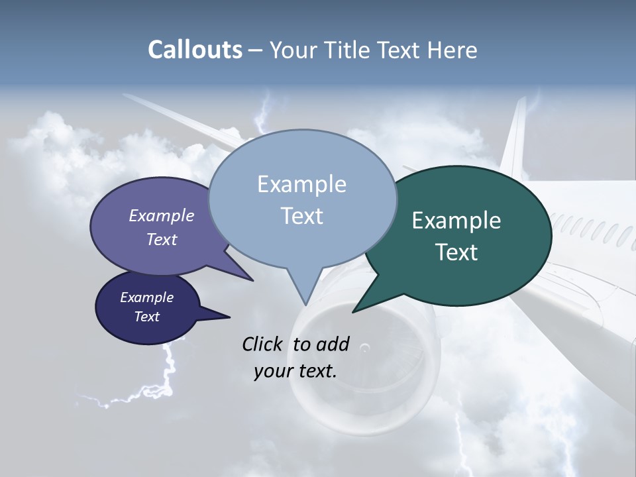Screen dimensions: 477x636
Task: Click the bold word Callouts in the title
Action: (195, 50)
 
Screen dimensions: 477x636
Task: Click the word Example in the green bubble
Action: (456, 221)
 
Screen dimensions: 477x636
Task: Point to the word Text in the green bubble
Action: (456, 252)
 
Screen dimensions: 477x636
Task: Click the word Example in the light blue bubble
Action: (301, 184)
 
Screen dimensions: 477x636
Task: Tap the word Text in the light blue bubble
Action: (301, 216)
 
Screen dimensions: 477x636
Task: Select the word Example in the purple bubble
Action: (162, 215)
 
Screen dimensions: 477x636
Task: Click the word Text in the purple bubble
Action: (162, 239)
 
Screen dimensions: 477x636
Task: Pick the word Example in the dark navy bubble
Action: (146, 297)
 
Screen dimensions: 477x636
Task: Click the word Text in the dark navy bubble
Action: (146, 317)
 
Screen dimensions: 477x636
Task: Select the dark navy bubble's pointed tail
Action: (219, 316)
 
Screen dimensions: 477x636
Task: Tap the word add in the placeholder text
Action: (332, 344)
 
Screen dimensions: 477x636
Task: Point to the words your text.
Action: (295, 371)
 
